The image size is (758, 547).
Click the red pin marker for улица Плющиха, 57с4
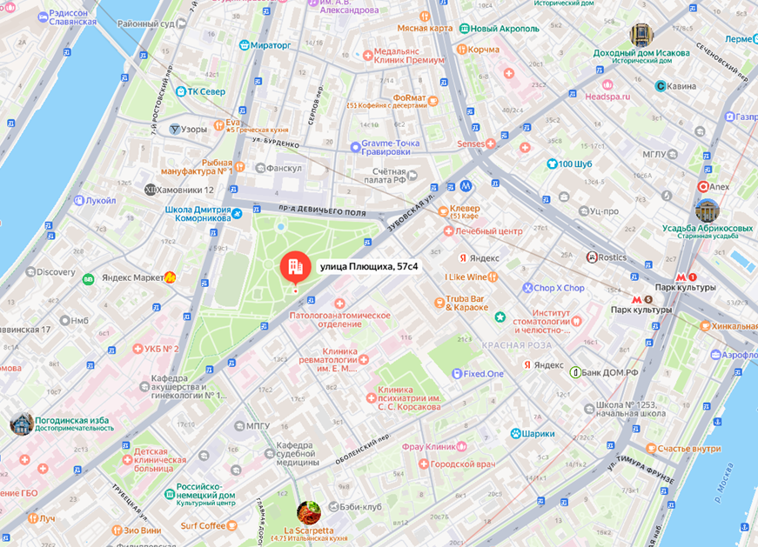coord(294,265)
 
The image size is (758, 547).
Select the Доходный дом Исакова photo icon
coord(641,36)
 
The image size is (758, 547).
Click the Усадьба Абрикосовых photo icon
coord(707,210)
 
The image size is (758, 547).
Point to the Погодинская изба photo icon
coord(22,424)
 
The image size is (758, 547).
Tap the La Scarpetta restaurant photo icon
coord(308,512)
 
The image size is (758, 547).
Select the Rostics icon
coord(593,257)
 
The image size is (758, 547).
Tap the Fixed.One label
coord(484,373)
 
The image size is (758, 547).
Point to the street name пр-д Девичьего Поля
coord(309,210)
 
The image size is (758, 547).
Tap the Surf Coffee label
coord(202,525)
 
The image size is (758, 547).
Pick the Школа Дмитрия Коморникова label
coord(197,214)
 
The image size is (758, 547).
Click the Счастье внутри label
coord(688,448)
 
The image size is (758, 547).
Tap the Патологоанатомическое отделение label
coord(339,319)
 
